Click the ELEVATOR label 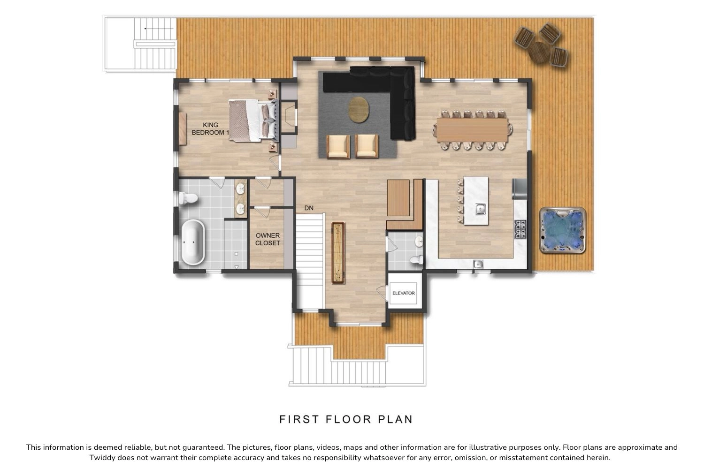click(404, 293)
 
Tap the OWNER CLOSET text click(268, 239)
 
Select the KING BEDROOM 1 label click(211, 129)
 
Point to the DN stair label click(309, 208)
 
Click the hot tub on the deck click(563, 230)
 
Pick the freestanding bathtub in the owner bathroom click(193, 242)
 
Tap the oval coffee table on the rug click(359, 110)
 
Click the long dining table click(472, 130)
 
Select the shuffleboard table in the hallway click(338, 253)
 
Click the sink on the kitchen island click(480, 209)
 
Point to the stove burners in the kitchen click(520, 229)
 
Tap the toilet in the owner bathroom click(188, 198)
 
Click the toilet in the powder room click(416, 260)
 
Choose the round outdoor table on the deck click(539, 53)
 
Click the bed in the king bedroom click(253, 121)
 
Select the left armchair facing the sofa click(338, 146)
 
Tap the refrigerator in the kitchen click(520, 189)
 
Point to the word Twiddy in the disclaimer click(102, 458)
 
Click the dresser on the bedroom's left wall click(183, 129)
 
